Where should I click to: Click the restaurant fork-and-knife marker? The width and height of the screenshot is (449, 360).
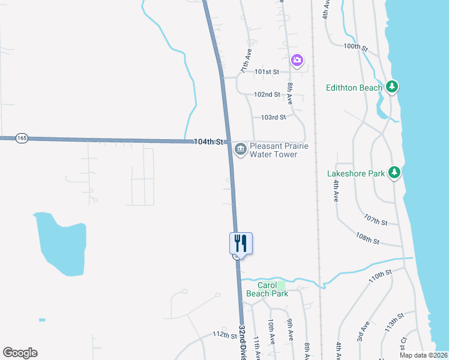tap(241, 243)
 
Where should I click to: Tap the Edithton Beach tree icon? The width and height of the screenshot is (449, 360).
tap(392, 87)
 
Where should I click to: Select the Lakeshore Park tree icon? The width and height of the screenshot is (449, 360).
tap(394, 173)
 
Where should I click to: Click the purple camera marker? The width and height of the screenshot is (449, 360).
tap(297, 60)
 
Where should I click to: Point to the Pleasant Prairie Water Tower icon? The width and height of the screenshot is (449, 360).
tap(241, 149)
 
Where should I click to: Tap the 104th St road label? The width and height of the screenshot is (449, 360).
tap(208, 142)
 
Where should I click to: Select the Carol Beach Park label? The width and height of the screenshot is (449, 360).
tap(267, 289)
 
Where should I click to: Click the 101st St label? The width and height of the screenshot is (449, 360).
tap(267, 71)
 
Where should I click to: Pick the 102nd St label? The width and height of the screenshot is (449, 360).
tap(267, 94)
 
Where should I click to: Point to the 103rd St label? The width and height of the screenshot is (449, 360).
tap(274, 117)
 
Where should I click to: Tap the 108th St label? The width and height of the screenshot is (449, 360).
tap(367, 239)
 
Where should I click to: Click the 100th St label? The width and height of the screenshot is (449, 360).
tap(355, 46)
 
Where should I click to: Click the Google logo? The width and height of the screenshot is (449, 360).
tap(20, 353)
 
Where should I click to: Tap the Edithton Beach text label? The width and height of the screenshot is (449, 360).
tap(354, 88)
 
